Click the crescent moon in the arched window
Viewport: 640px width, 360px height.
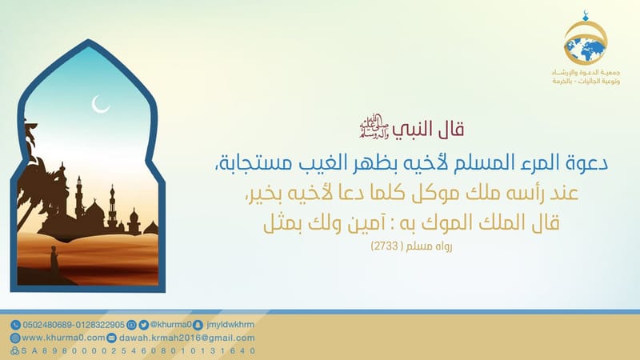[x=101, y=104]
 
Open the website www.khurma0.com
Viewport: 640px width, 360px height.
[x=60, y=338]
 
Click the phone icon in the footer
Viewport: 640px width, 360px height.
[x=15, y=325]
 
